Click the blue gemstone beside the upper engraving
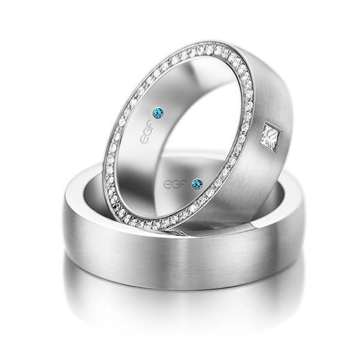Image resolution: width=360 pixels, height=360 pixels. pos(158,113)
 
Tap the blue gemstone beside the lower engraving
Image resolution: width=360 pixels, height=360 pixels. pos(197,184)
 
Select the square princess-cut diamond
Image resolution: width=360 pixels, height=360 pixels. pos(271,137)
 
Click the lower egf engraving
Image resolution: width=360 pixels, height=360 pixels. pos(174,184)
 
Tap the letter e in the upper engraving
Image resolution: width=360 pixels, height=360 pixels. pos(144,139)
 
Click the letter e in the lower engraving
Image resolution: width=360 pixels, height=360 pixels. pos(167,184)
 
